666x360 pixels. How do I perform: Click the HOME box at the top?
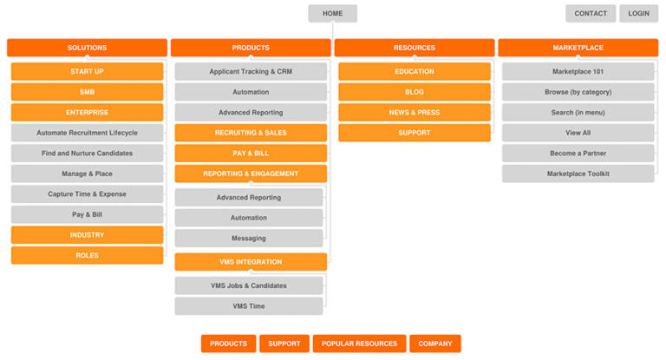coord(332,13)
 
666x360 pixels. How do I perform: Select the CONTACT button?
coord(591,13)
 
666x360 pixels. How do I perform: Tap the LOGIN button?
coord(638,13)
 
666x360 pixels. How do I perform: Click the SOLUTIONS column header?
coord(87,48)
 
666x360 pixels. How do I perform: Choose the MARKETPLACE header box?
coord(578,48)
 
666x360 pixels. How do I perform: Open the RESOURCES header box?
coord(414,48)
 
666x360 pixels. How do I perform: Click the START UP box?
coord(87,71)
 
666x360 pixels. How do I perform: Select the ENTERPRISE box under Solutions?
coord(87,112)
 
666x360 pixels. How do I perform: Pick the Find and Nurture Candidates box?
coord(87,154)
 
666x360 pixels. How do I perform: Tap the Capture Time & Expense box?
coord(87,194)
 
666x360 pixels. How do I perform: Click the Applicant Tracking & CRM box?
coord(251,71)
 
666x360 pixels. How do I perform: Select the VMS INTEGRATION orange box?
coord(251,262)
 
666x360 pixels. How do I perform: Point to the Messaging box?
coord(249,239)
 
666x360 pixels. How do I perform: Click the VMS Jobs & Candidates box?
coord(249,285)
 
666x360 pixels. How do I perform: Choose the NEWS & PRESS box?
coord(414,112)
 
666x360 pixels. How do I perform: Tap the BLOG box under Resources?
coord(414,92)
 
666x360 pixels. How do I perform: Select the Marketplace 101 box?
coord(578,71)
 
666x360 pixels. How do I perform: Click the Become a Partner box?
coord(578,154)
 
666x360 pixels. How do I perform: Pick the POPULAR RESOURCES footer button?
coord(359,344)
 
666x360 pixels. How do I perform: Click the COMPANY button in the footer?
coord(435,344)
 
